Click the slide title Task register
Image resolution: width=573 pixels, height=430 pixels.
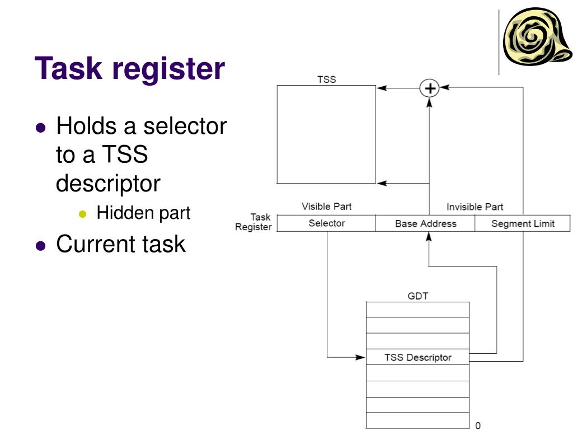[x=130, y=69]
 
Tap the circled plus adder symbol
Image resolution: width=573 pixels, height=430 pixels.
[x=429, y=88]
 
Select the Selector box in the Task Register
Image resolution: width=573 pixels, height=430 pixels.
[x=327, y=223]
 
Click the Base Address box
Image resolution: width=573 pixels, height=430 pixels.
[x=425, y=223]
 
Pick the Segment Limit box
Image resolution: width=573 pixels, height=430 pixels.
[x=523, y=223]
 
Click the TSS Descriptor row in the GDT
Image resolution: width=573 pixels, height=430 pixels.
[x=417, y=357]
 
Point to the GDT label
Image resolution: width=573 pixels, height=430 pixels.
[x=417, y=296]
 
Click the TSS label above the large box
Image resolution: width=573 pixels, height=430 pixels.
[x=327, y=80]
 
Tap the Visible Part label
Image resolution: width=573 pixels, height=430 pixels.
[x=327, y=207]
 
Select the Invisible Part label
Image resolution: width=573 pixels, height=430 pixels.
[x=475, y=207]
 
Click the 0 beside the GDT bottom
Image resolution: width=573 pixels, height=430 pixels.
[x=478, y=426]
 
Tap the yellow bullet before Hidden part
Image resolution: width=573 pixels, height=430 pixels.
[x=84, y=214]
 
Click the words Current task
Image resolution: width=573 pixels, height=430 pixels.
[x=121, y=244]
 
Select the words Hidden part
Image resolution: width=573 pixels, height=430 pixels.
[x=143, y=213]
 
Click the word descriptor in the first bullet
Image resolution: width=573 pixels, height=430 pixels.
[x=108, y=184]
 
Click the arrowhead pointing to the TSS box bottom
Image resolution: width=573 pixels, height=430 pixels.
[x=381, y=183]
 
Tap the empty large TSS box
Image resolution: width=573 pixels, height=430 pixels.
[x=326, y=134]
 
